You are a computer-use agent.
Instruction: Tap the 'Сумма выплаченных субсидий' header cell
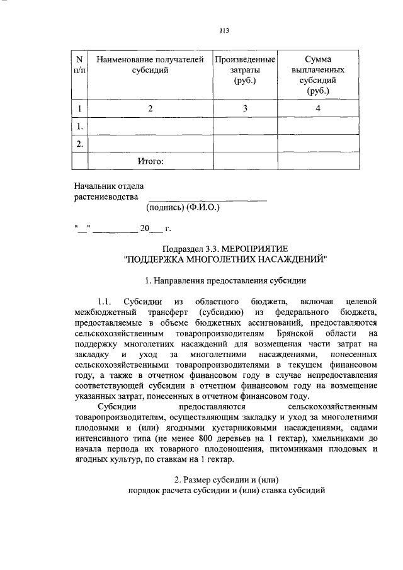318,75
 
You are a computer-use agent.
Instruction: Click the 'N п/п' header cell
79,65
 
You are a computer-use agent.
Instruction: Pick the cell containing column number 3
245,109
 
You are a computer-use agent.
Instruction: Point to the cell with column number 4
318,109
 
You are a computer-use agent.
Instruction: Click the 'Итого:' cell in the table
150,162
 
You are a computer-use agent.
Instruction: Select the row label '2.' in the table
79,144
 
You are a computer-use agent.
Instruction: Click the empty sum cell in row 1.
318,127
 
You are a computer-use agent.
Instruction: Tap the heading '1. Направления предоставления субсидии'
226,279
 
